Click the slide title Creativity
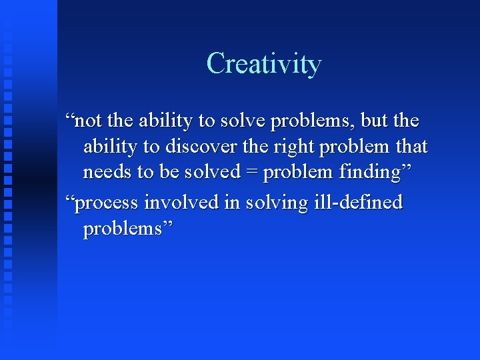[x=264, y=64]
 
